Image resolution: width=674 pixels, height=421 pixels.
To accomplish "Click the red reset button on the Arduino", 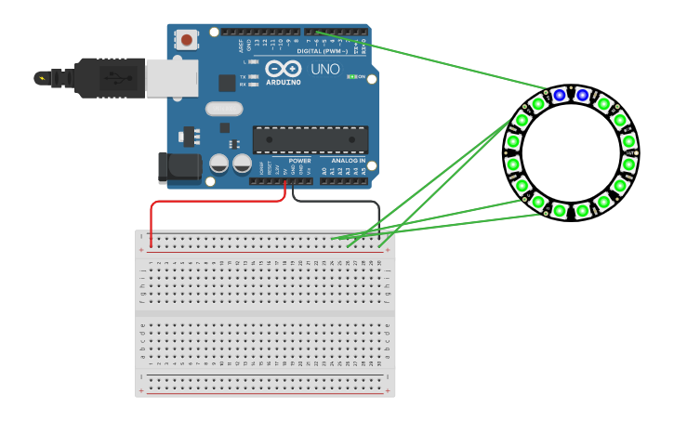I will click(187, 40).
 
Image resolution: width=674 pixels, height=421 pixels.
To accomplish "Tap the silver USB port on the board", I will click(171, 78).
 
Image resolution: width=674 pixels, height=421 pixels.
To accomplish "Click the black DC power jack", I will click(178, 167).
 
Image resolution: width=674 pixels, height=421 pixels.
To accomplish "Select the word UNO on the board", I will click(324, 70).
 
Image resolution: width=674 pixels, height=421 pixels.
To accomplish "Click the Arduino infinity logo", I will click(283, 69).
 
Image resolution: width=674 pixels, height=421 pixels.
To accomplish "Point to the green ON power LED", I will click(351, 76).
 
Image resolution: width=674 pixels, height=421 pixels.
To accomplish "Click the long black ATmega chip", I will click(310, 139).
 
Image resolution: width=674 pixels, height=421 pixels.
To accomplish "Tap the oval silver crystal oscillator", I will click(224, 109).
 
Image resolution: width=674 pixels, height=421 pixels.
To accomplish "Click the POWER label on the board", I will click(299, 161).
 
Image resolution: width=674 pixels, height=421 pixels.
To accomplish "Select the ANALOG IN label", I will click(349, 161).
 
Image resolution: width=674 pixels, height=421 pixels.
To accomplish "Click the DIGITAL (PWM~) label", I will click(322, 51).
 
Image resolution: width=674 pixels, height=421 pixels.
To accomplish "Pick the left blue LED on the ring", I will click(559, 95).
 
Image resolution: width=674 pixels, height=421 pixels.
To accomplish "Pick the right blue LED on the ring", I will click(582, 95).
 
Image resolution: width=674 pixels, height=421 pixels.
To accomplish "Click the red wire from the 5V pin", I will click(214, 202).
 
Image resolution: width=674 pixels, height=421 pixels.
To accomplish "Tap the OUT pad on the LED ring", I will click(631, 152).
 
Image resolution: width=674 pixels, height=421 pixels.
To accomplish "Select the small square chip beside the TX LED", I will click(227, 83).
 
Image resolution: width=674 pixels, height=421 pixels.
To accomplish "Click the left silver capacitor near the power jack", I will click(219, 164).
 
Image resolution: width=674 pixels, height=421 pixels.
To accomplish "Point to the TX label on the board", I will click(243, 76).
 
